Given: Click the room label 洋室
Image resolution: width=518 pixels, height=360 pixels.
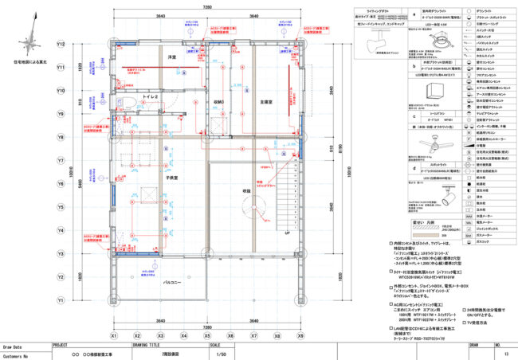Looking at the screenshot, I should pos(171,58).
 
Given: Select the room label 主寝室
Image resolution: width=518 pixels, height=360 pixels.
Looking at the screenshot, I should pos(269,102).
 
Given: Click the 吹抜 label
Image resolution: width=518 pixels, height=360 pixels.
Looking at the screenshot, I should pos(247,191).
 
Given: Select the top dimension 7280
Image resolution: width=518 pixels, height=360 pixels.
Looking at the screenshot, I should pos(206,6).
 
